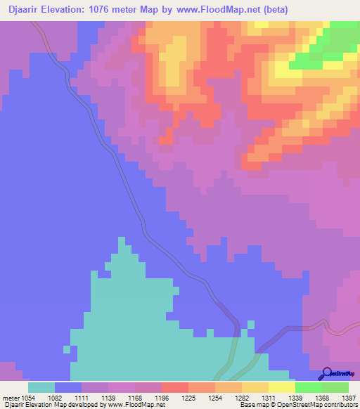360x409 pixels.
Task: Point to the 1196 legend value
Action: click(x=161, y=398)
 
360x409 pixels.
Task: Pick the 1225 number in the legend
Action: click(x=188, y=398)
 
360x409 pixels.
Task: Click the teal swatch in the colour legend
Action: click(x=41, y=387)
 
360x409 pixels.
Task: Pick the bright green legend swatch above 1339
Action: click(x=308, y=387)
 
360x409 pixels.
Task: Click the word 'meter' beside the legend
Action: click(x=9, y=398)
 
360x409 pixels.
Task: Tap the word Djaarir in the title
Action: click(x=22, y=9)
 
